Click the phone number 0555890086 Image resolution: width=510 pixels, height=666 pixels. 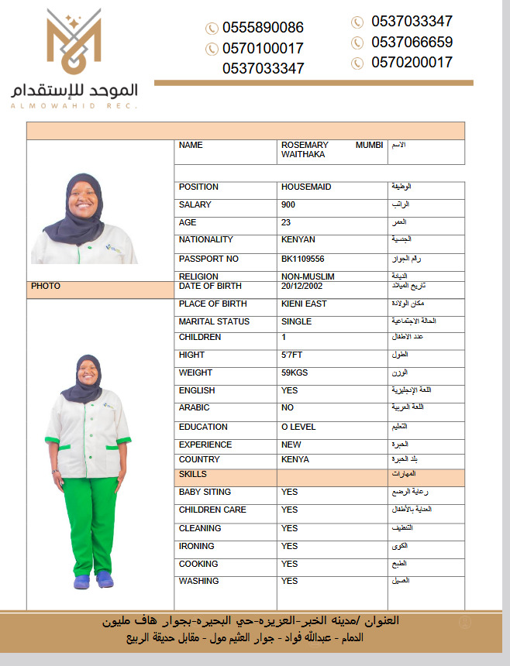coord(263,28)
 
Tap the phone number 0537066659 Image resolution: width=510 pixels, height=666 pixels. coord(412,42)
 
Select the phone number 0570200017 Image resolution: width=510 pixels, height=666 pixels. coord(412,63)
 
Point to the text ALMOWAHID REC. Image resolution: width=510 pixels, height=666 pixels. coord(74,106)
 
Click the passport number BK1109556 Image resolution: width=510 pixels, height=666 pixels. coord(303,259)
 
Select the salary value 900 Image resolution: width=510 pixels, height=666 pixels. coord(288,205)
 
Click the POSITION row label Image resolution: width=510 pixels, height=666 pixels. coord(198,187)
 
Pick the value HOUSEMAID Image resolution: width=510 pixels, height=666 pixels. coord(306,187)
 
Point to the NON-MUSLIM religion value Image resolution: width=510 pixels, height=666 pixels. coord(308,276)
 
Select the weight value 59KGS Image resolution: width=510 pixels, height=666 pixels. coord(296,373)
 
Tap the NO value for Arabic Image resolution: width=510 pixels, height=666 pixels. coord(288,407)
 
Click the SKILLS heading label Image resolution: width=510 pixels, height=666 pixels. coord(193,474)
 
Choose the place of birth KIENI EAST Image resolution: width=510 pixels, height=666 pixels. coord(304,304)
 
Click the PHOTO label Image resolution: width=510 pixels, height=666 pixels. coord(46,287)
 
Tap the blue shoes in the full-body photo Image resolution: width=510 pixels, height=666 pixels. coord(94,579)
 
